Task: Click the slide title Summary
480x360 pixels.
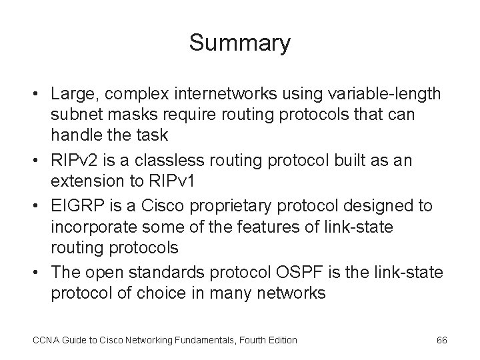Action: coord(240,43)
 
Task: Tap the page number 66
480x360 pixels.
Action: coord(441,340)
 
